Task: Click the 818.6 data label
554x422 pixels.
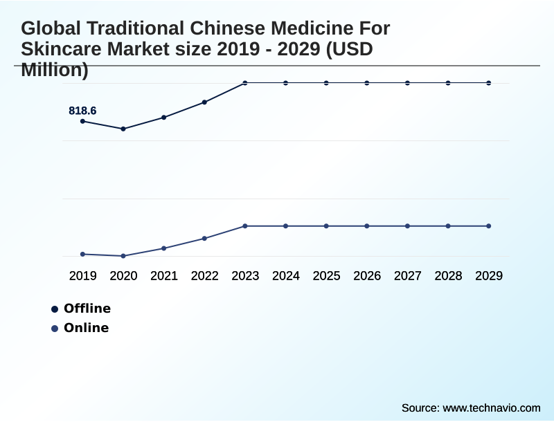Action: pyautogui.click(x=82, y=111)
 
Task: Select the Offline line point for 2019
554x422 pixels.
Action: pyautogui.click(x=83, y=121)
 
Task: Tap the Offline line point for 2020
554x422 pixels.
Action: pyautogui.click(x=123, y=129)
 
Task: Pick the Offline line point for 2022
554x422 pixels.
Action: pyautogui.click(x=204, y=102)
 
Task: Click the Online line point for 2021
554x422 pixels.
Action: pyautogui.click(x=164, y=248)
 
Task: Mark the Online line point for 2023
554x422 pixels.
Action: pyautogui.click(x=245, y=226)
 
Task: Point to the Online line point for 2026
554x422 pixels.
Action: pyautogui.click(x=367, y=226)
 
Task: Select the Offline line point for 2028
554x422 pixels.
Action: pyautogui.click(x=448, y=83)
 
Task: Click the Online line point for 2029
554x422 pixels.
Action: pyautogui.click(x=489, y=226)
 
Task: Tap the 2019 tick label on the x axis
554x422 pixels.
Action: pyautogui.click(x=83, y=275)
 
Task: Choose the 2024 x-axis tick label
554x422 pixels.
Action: pyautogui.click(x=286, y=275)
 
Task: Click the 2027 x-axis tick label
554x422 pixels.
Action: pyautogui.click(x=408, y=275)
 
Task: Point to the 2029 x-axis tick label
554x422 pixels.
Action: pyautogui.click(x=489, y=275)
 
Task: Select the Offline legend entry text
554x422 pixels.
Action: pyautogui.click(x=87, y=309)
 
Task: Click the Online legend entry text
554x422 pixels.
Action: pyautogui.click(x=87, y=328)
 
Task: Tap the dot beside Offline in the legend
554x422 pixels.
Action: pyautogui.click(x=55, y=309)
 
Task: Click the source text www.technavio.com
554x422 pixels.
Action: pyautogui.click(x=492, y=407)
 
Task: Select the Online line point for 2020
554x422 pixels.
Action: pyautogui.click(x=123, y=256)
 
